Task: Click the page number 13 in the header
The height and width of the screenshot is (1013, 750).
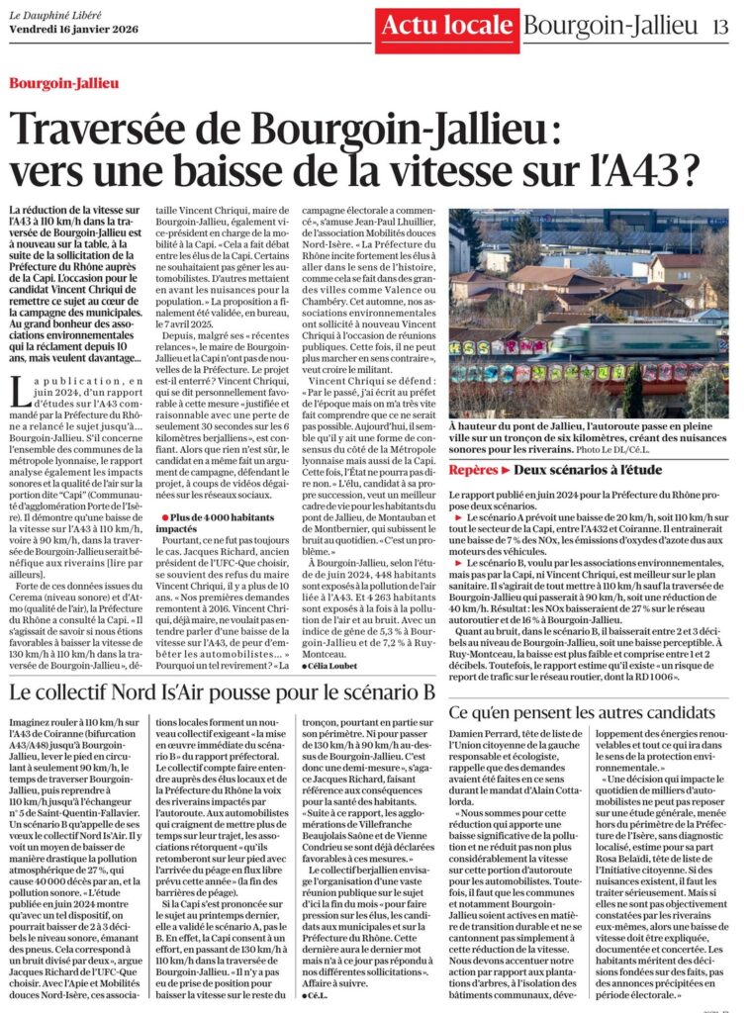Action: pos(719,27)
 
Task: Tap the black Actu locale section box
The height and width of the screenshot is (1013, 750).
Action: pos(445,27)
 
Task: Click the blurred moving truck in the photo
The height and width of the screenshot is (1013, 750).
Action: pos(633,339)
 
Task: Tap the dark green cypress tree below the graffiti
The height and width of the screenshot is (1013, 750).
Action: pos(632,392)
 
